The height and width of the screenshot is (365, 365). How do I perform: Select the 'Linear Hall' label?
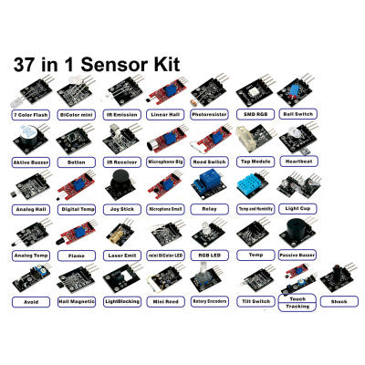(165, 116)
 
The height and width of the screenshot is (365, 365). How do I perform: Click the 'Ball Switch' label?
(298, 116)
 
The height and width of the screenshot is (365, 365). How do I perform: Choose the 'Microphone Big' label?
(165, 162)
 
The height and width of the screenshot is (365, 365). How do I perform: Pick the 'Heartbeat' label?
(298, 162)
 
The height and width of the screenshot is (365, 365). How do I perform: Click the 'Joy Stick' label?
(120, 208)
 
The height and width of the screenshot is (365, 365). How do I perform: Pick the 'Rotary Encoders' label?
(210, 300)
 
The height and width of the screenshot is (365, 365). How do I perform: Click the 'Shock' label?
(339, 300)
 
